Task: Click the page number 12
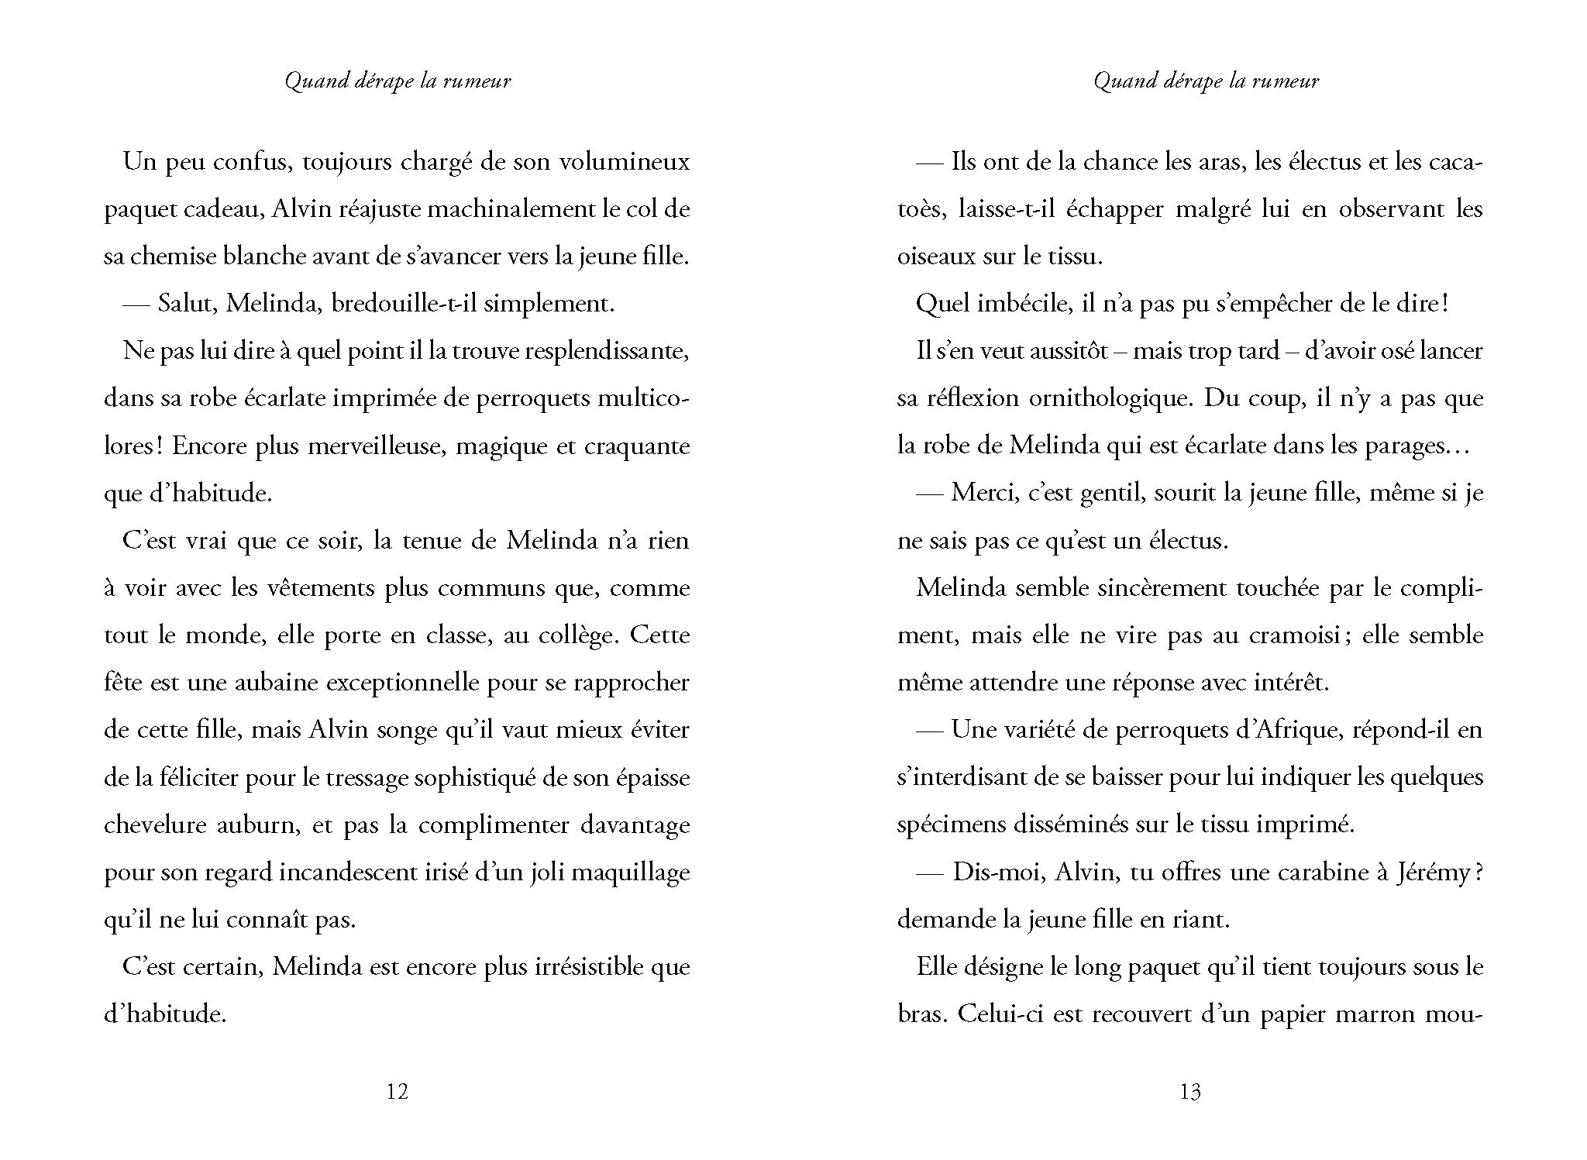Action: [397, 1092]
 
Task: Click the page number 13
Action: [1189, 1092]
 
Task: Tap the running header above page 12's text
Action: [398, 81]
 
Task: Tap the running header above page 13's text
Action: [1206, 81]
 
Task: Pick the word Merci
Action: [983, 494]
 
